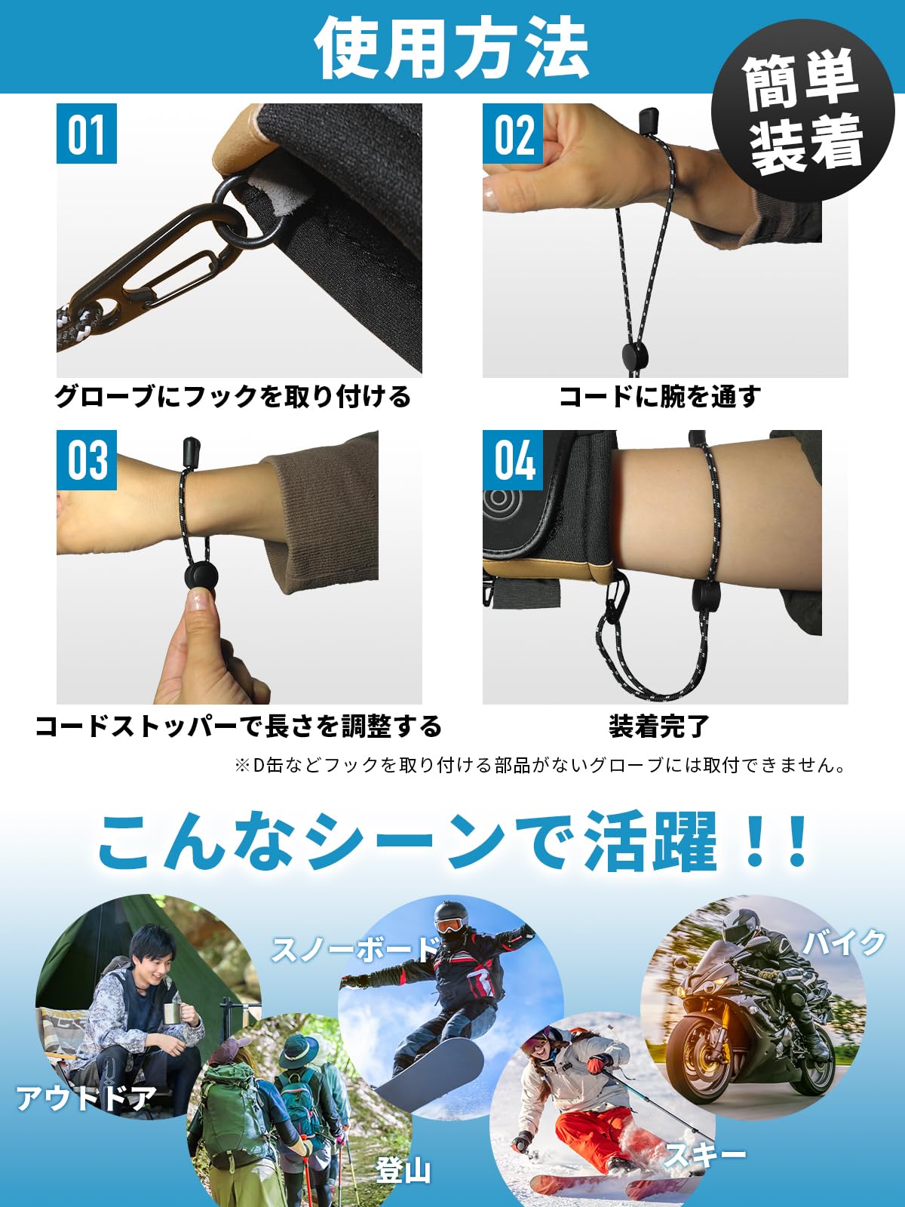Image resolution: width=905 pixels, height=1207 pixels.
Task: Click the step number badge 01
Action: click(87, 134)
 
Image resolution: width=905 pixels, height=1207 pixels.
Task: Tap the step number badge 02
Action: click(513, 134)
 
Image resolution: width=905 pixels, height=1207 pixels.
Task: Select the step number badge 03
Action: click(87, 460)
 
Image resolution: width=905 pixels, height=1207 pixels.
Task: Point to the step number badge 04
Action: click(513, 460)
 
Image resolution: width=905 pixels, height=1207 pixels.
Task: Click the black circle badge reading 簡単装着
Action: click(802, 111)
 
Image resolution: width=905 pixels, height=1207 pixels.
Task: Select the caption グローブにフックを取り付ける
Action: click(233, 396)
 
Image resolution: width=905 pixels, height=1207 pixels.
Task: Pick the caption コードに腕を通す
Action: click(660, 396)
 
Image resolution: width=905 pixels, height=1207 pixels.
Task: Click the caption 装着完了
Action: click(659, 726)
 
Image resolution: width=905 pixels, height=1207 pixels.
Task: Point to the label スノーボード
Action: click(354, 949)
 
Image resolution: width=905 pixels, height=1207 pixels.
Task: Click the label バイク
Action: click(844, 942)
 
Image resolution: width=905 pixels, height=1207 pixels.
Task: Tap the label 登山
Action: click(403, 1170)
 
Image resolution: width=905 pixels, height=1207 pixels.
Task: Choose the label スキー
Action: click(705, 1155)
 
